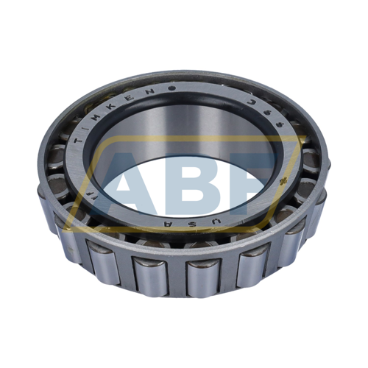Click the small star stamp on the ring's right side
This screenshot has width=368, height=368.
pyautogui.click(x=284, y=180)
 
